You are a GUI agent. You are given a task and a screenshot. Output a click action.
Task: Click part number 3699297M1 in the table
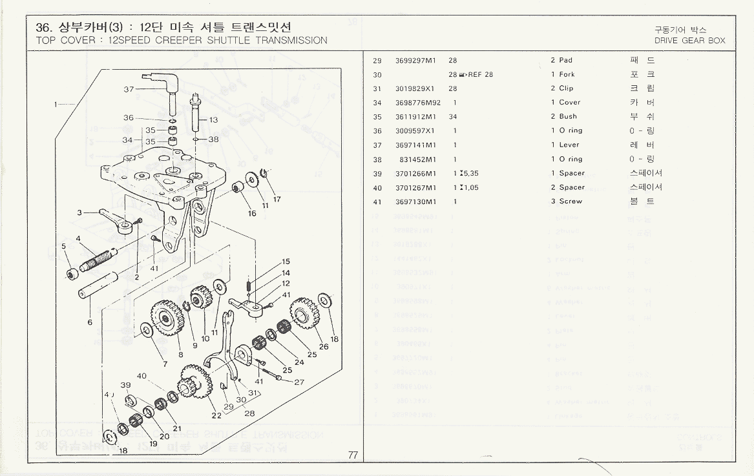point(416,60)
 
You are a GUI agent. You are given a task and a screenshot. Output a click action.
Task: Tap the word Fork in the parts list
point(567,74)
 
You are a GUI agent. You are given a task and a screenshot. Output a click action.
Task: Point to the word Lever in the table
point(569,145)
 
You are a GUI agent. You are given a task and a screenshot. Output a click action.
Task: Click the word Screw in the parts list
point(571,202)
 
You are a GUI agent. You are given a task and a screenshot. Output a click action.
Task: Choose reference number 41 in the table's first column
point(377,202)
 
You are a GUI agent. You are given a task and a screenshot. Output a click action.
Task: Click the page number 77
point(353,455)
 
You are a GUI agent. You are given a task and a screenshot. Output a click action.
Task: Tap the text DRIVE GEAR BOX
point(689,41)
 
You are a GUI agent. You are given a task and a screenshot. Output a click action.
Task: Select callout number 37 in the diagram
point(129,88)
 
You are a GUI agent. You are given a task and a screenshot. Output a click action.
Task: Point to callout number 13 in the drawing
point(213,120)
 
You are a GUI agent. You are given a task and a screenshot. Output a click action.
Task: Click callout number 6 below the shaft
point(89,322)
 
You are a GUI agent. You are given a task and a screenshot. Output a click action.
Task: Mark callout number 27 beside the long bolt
point(299,382)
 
